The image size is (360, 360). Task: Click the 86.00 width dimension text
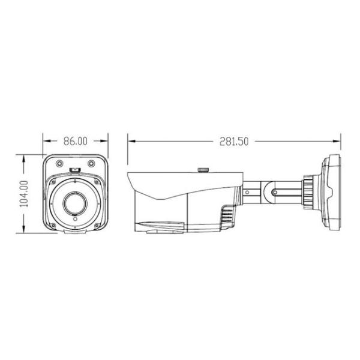(x=75, y=141)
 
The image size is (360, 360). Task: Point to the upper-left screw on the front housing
(x=59, y=163)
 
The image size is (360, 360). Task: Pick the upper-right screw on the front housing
(x=91, y=163)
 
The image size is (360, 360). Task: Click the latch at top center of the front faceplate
(x=75, y=170)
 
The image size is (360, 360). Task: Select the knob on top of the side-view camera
(x=204, y=169)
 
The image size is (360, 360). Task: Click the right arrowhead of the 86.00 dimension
(x=106, y=142)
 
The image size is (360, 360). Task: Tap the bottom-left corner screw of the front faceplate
(x=52, y=226)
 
